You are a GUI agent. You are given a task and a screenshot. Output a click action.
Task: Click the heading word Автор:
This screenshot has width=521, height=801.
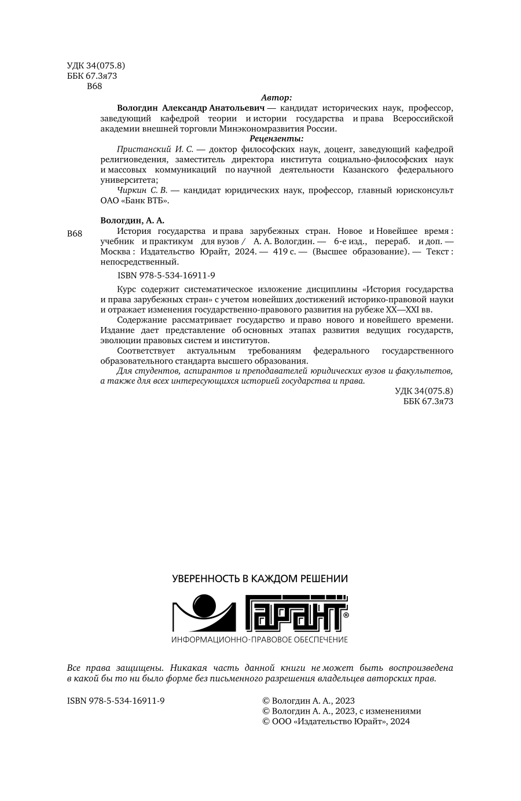pos(276,98)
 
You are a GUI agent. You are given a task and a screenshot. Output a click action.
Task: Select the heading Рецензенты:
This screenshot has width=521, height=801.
pos(276,139)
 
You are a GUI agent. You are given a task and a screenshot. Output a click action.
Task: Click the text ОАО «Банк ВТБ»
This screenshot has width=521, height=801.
pos(134,200)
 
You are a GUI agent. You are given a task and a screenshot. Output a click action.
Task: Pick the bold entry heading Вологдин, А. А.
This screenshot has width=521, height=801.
pos(133,221)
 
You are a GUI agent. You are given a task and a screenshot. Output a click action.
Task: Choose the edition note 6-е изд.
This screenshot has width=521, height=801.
pos(347,241)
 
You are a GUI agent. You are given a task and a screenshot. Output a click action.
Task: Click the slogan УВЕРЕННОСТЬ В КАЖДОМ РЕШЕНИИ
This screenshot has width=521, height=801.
pos(260,578)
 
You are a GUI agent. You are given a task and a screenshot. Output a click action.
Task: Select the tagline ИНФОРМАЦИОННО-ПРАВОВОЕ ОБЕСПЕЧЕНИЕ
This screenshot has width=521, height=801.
pos(260,640)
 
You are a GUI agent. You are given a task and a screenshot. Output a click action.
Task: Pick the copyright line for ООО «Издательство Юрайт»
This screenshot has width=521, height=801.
pos(336,721)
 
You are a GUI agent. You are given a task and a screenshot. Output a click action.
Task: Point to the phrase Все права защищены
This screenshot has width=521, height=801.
pos(111,667)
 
